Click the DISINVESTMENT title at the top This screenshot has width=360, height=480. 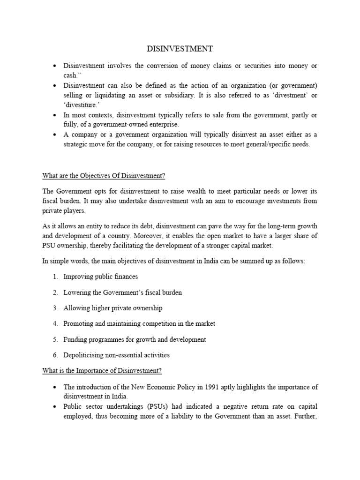(x=180, y=49)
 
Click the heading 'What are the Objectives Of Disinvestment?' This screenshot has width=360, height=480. (x=104, y=176)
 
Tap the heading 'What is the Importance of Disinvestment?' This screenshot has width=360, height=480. (x=102, y=370)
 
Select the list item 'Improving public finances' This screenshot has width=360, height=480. (x=100, y=277)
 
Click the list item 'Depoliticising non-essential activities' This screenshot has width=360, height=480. (x=117, y=355)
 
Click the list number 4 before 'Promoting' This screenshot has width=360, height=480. (x=55, y=324)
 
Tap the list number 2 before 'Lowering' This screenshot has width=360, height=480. (x=55, y=292)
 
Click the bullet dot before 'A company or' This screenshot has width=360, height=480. (x=55, y=135)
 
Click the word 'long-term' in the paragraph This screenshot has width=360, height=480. (x=274, y=225)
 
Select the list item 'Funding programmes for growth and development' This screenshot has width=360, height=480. (x=135, y=339)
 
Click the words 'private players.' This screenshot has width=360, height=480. (x=60, y=211)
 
